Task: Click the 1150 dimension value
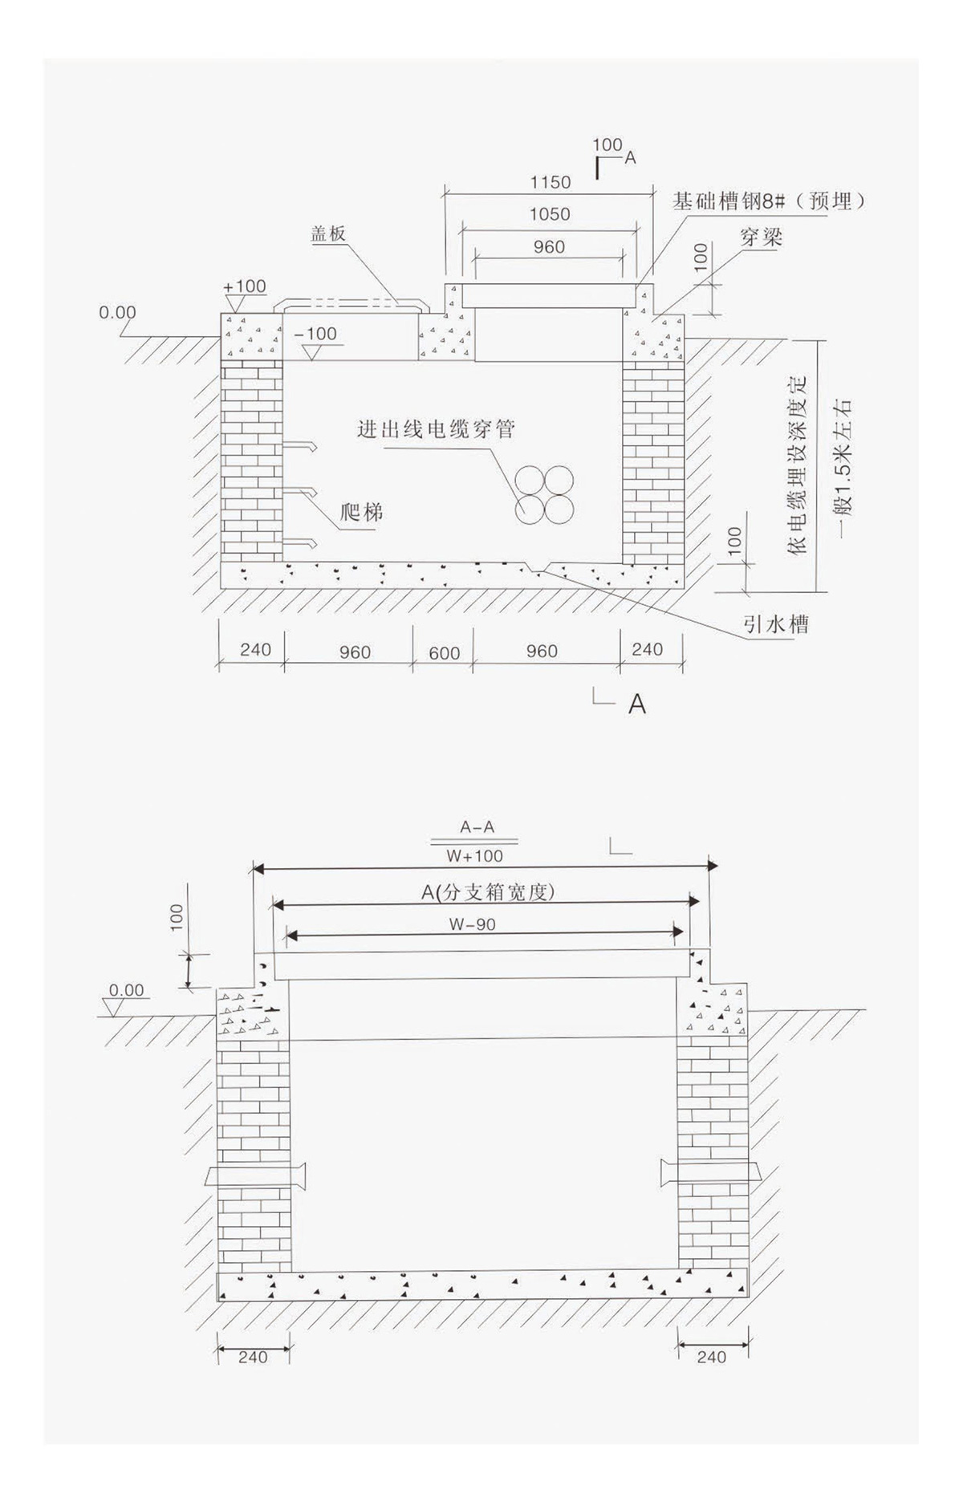coord(550,182)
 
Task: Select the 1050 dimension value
coord(550,214)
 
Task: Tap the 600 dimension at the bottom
coord(444,653)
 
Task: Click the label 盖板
coord(328,233)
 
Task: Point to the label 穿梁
coord(760,238)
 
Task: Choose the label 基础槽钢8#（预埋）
coord(769,201)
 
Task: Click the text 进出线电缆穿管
coord(436,429)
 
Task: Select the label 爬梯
coord(361,511)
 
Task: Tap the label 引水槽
coord(775,623)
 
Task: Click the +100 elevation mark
coord(245,286)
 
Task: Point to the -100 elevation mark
coord(315,334)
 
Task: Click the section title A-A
coord(477,827)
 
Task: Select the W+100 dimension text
coord(475,856)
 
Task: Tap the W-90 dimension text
coord(472,924)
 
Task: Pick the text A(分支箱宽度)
coord(488,891)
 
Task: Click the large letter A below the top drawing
coord(636,704)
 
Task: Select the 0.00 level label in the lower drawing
coord(127,990)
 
